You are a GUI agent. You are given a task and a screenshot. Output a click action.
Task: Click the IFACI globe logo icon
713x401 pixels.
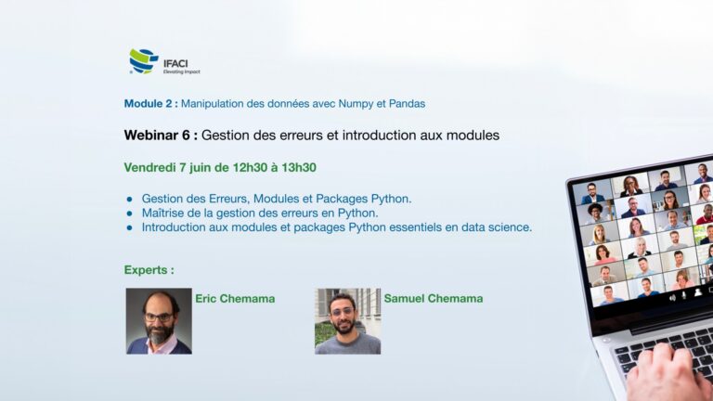pyautogui.click(x=144, y=61)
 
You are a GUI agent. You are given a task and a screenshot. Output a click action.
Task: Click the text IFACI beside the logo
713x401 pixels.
pyautogui.click(x=175, y=64)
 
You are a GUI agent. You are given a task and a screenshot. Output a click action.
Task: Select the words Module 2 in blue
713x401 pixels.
pyautogui.click(x=149, y=104)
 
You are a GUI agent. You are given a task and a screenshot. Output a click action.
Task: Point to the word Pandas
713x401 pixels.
pyautogui.click(x=407, y=104)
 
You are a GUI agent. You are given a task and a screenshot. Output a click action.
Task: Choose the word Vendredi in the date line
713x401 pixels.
pyautogui.click(x=149, y=167)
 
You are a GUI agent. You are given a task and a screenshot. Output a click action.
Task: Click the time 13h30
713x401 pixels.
pyautogui.click(x=299, y=167)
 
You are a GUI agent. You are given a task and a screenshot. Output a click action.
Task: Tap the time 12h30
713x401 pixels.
pyautogui.click(x=250, y=167)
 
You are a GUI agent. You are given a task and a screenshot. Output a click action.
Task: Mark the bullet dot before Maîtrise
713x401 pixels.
pyautogui.click(x=130, y=213)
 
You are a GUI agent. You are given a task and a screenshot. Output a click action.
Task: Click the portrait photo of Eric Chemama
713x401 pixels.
pyautogui.click(x=159, y=321)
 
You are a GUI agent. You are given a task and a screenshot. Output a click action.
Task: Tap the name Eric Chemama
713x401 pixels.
pyautogui.click(x=235, y=299)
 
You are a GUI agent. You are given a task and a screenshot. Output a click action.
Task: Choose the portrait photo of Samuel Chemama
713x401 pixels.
pyautogui.click(x=347, y=321)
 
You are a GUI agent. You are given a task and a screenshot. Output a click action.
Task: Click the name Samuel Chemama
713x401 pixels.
pyautogui.click(x=434, y=299)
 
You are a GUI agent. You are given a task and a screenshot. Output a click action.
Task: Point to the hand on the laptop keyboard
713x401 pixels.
pyautogui.click(x=668, y=375)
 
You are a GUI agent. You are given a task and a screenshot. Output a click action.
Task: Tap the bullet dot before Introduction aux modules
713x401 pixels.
pyautogui.click(x=130, y=227)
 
